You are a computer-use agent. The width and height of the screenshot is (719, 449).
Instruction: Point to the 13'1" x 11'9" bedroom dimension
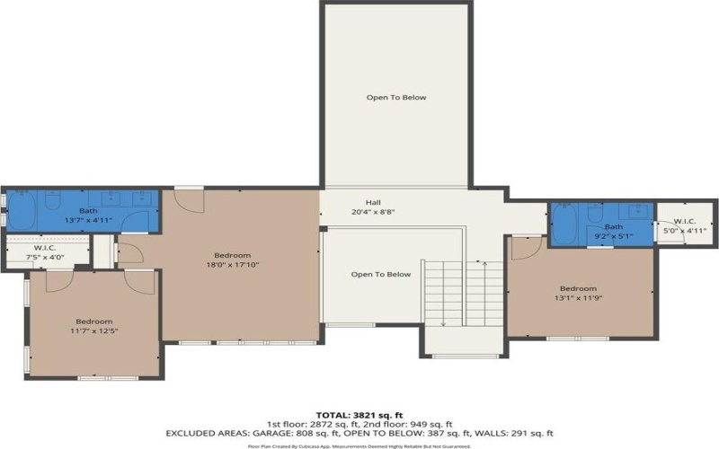click(578, 299)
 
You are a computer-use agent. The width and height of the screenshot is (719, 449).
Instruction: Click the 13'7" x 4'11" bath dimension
click(88, 220)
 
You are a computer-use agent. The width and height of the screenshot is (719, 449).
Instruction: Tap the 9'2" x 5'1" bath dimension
click(613, 237)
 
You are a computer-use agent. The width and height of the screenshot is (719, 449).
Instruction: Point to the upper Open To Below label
click(395, 97)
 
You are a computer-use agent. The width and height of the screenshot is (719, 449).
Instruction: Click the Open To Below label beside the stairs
click(381, 275)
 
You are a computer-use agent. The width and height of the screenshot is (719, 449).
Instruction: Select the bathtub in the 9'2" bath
click(565, 224)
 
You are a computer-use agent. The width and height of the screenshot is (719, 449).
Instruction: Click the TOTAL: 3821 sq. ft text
click(359, 415)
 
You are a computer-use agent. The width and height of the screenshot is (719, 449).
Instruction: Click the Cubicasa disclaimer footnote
click(359, 445)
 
